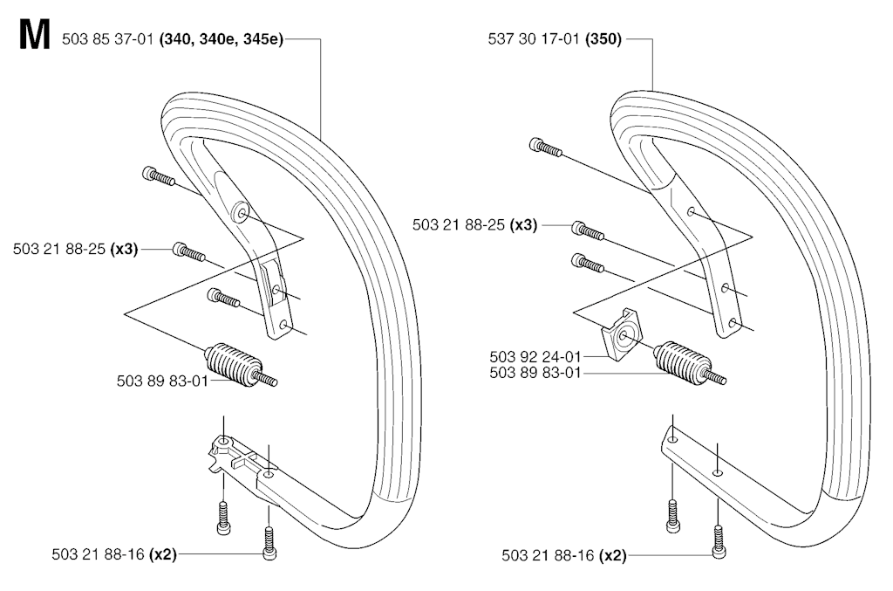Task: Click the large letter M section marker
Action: click(34, 35)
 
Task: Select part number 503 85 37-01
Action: click(107, 39)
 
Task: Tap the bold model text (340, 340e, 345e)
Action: click(222, 39)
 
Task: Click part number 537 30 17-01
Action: click(534, 39)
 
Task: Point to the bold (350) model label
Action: click(603, 39)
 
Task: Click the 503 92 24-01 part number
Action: click(535, 357)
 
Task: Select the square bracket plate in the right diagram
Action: click(623, 335)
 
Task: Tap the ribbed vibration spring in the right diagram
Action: click(689, 365)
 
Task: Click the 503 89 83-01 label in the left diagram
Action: click(162, 381)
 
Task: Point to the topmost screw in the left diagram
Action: click(158, 176)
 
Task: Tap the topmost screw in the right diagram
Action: click(546, 146)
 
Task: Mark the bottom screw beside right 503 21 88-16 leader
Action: click(719, 542)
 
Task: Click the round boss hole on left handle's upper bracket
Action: click(242, 213)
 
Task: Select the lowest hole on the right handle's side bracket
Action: click(733, 323)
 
